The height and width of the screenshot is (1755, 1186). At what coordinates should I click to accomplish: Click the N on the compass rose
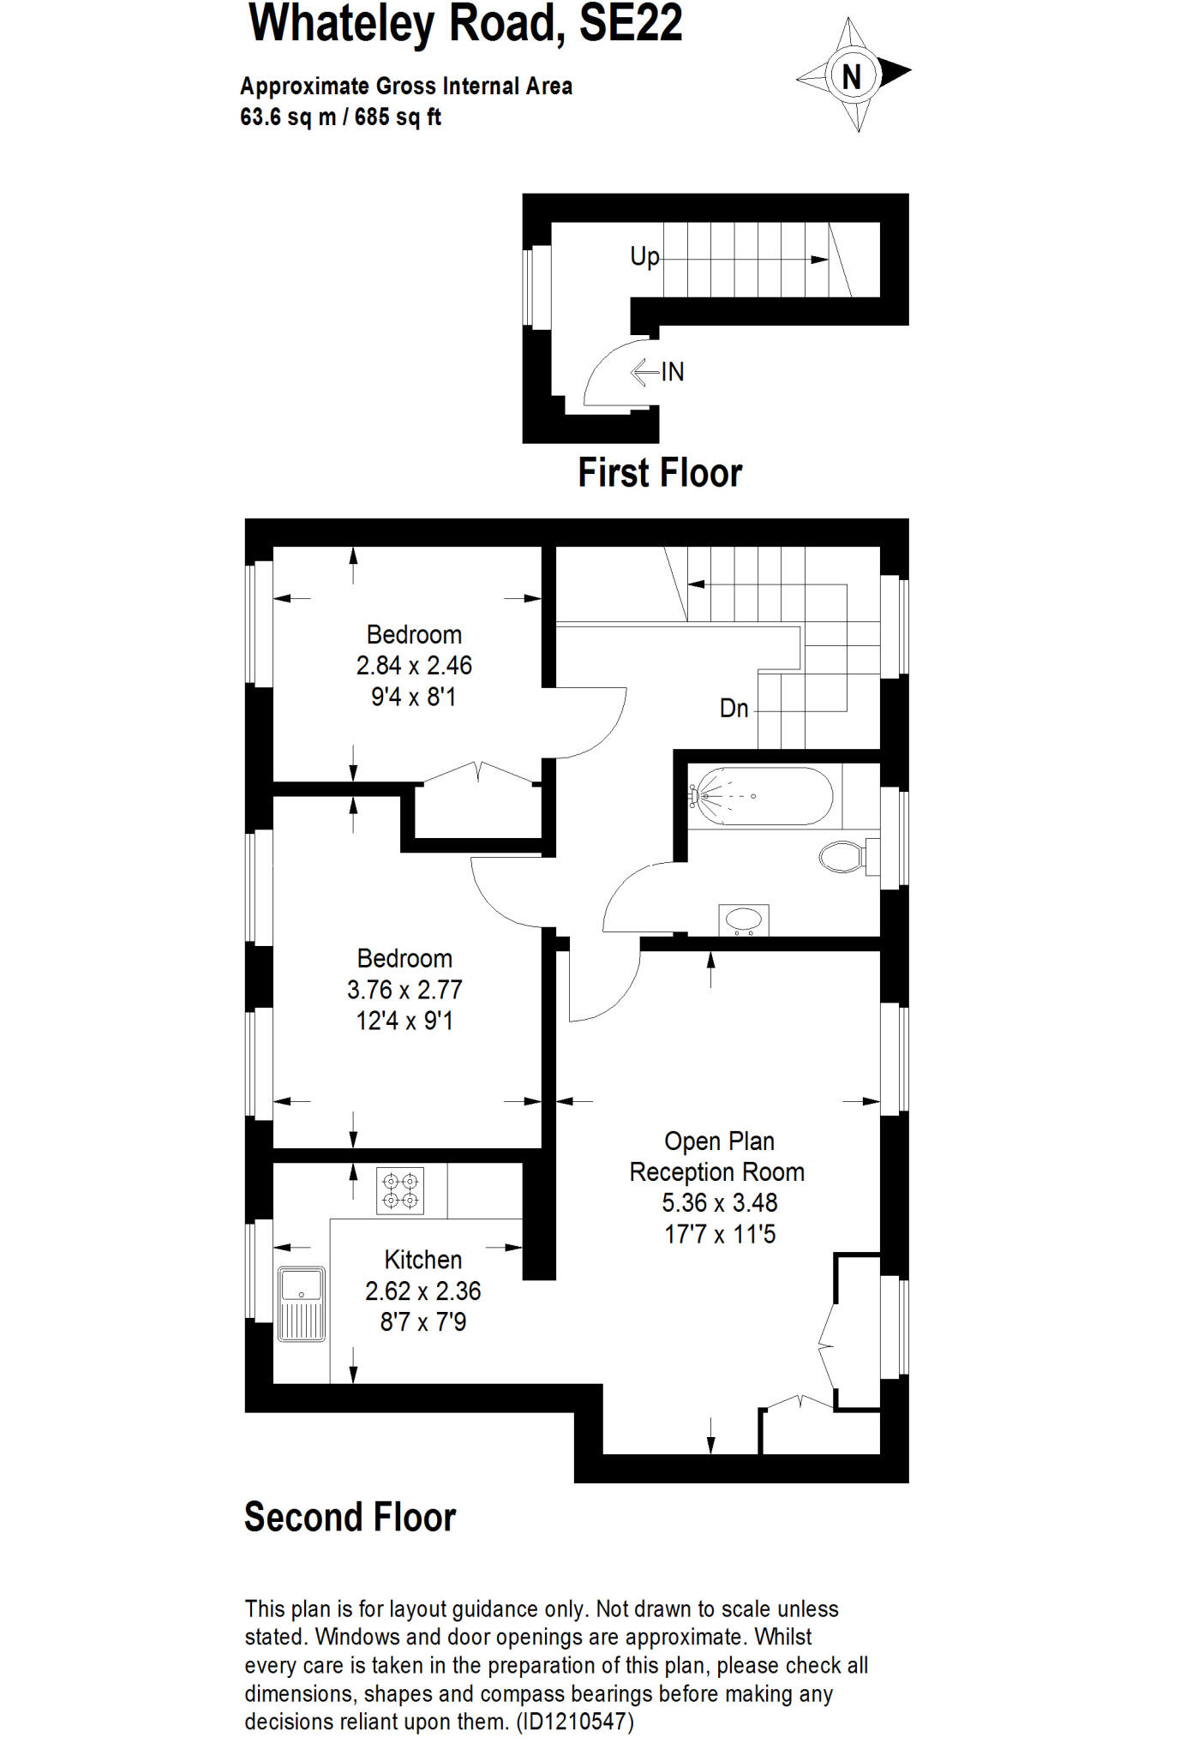click(851, 77)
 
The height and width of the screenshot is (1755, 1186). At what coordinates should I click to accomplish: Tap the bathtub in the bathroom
click(762, 796)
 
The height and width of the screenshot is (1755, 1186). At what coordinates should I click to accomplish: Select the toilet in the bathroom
click(843, 856)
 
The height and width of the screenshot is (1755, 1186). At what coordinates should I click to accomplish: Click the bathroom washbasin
click(743, 920)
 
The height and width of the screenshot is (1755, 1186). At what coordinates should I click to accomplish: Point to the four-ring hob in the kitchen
click(400, 1190)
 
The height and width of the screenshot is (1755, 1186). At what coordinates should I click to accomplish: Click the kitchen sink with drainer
click(301, 1303)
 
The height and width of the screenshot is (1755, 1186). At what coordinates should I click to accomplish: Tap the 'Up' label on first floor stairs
click(644, 256)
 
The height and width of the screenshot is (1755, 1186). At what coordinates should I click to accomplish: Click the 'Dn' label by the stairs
click(734, 709)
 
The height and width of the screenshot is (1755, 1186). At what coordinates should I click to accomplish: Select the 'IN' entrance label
click(673, 372)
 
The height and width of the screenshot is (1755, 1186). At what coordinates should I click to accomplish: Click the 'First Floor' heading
click(660, 473)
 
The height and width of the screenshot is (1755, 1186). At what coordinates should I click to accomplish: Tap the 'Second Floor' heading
click(350, 1517)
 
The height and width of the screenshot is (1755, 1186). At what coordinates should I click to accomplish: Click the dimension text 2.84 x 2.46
click(414, 666)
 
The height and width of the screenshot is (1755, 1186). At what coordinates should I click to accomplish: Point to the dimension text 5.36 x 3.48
click(719, 1203)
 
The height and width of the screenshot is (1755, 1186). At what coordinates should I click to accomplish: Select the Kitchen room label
click(422, 1260)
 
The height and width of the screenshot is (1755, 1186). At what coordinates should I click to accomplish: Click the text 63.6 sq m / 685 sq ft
click(340, 117)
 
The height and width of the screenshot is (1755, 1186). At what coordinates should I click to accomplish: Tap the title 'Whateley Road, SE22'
click(465, 23)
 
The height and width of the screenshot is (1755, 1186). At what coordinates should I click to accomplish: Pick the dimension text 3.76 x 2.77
click(404, 990)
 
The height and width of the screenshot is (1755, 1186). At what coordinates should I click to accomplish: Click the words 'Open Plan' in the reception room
click(719, 1141)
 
